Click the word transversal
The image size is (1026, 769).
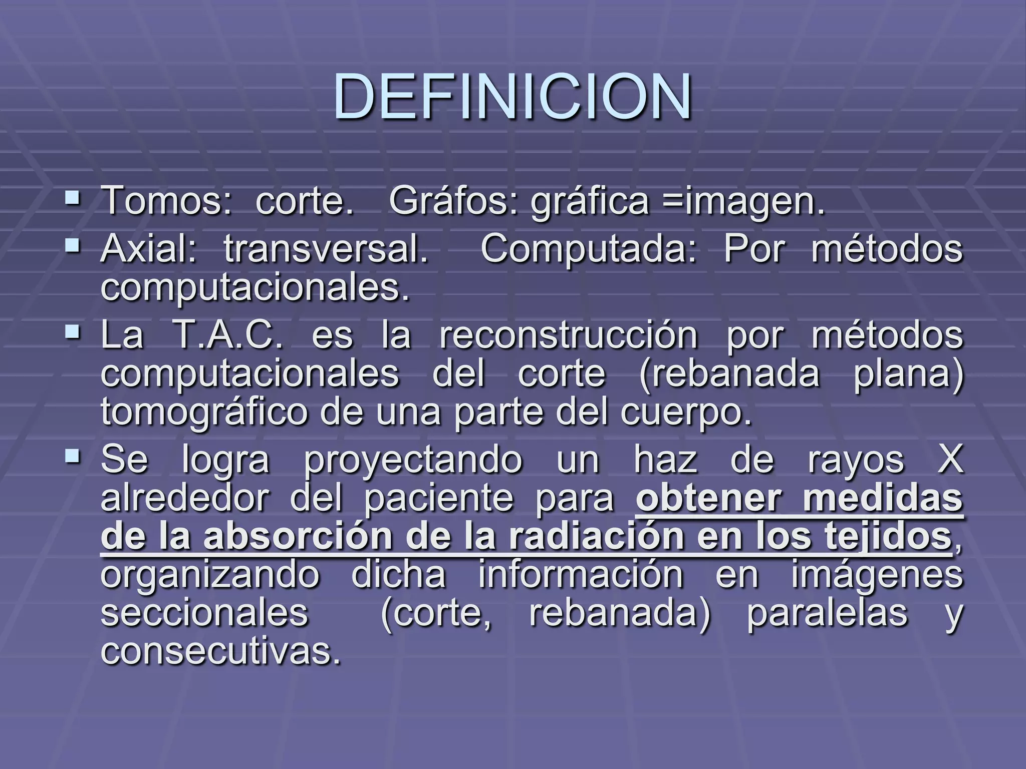point(326,249)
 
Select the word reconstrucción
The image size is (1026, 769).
point(568,335)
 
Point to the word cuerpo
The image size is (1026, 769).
point(686,413)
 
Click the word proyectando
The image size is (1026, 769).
point(413,460)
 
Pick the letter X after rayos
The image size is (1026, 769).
point(950,460)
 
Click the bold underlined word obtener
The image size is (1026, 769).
point(709,498)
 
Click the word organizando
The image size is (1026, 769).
point(210,574)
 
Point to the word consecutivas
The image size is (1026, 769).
point(221,651)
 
